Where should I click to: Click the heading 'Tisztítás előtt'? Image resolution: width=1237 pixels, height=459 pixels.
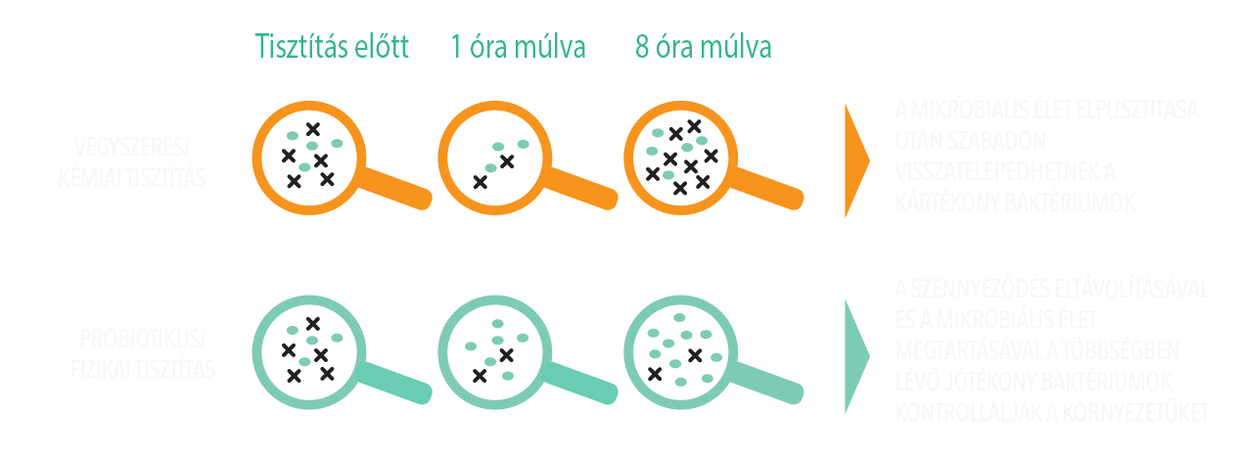330,47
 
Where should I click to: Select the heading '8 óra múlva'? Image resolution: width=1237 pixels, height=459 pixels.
703,47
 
